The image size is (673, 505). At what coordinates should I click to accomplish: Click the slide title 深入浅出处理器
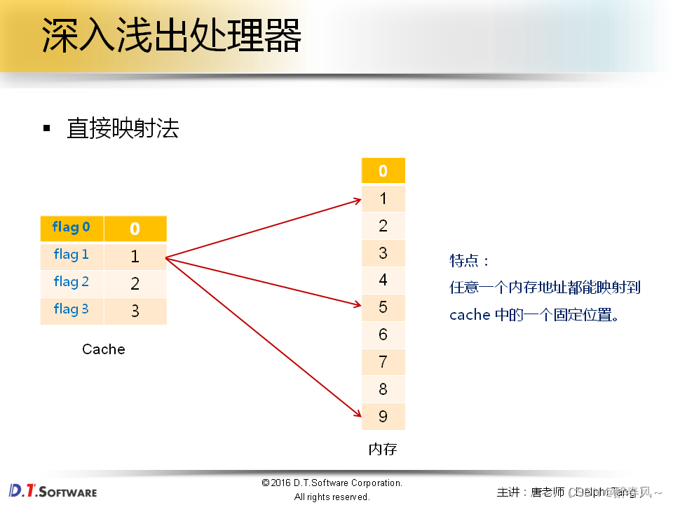pyautogui.click(x=172, y=36)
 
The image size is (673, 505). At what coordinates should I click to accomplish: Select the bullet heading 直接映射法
pyautogui.click(x=123, y=128)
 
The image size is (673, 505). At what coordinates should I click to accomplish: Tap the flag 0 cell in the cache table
pyautogui.click(x=72, y=228)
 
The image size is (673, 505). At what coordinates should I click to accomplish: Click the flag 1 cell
pyautogui.click(x=72, y=255)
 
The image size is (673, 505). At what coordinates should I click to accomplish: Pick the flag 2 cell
pyautogui.click(x=72, y=283)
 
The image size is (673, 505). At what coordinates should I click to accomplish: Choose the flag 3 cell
pyautogui.click(x=72, y=310)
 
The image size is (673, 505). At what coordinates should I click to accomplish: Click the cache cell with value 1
pyautogui.click(x=135, y=257)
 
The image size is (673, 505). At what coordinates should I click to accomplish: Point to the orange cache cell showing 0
pyautogui.click(x=135, y=229)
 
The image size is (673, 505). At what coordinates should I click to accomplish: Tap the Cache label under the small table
pyautogui.click(x=104, y=349)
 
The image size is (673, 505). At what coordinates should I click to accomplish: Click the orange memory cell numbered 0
pyautogui.click(x=383, y=170)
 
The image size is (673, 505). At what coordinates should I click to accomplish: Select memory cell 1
pyautogui.click(x=383, y=198)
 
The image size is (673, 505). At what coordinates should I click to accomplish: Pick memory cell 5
pyautogui.click(x=383, y=307)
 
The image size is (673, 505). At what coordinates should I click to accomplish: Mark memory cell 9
pyautogui.click(x=383, y=417)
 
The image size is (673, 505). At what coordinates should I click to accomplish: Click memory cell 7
pyautogui.click(x=383, y=362)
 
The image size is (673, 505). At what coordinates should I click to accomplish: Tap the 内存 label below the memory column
pyautogui.click(x=383, y=449)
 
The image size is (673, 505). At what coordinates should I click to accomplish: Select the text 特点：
pyautogui.click(x=469, y=261)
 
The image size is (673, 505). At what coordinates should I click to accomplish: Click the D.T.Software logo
pyautogui.click(x=53, y=490)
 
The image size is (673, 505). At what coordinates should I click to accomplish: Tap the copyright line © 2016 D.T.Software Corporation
pyautogui.click(x=332, y=483)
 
